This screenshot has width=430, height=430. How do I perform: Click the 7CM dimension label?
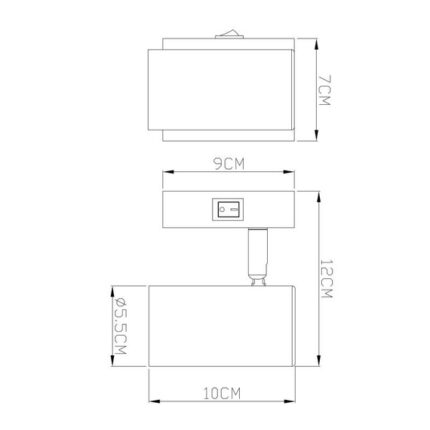(x=324, y=91)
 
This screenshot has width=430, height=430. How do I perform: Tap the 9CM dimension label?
(x=229, y=164)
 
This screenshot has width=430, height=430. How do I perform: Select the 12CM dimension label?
(x=326, y=279)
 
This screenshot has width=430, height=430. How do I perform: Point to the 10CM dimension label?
(x=222, y=394)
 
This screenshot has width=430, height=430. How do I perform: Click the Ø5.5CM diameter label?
(x=120, y=326)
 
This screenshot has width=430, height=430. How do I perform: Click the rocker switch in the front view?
(x=228, y=210)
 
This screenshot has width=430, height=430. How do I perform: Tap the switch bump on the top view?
(x=229, y=35)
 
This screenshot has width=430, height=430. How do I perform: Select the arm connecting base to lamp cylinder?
(x=258, y=257)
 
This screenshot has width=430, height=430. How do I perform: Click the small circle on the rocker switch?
(x=222, y=210)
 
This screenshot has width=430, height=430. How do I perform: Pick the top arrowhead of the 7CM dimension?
(x=316, y=44)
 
